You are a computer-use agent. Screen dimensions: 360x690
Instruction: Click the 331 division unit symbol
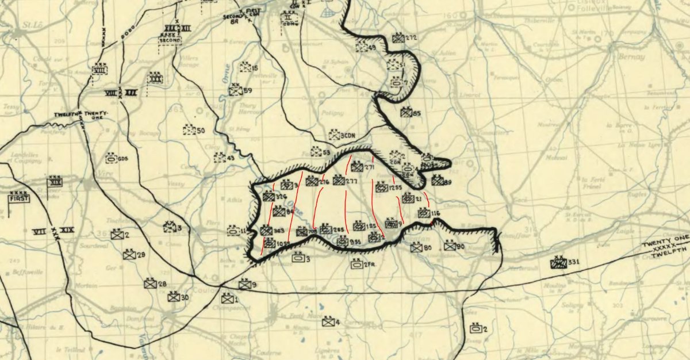coord(558,263)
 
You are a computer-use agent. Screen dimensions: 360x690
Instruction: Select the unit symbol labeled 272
coord(398,39)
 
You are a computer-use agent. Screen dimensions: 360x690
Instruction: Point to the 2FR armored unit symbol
coord(356,265)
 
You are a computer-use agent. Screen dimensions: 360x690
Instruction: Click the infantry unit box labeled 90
coord(450,246)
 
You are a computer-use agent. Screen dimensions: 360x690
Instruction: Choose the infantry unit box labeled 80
coord(417,248)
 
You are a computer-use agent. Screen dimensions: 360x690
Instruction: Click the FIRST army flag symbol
coord(18,199)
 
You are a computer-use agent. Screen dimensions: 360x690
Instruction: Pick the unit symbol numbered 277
coord(339,181)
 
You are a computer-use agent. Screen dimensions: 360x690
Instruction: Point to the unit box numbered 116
coord(424,213)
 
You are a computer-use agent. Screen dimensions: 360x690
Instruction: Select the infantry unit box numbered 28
coord(149,284)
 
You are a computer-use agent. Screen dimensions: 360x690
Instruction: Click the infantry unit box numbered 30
coord(173,297)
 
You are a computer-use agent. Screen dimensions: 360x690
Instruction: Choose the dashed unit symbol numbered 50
coord(189,130)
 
